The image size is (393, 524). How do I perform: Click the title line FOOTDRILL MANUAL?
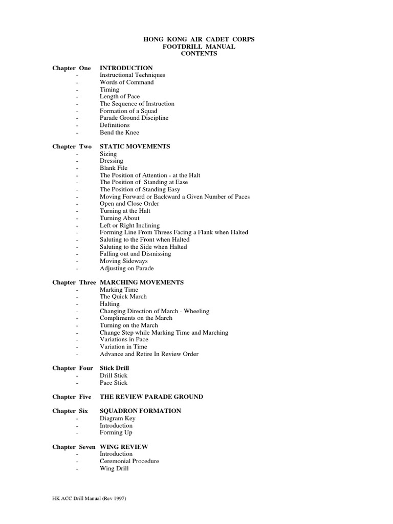tap(196, 47)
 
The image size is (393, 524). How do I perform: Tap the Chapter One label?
tap(72, 68)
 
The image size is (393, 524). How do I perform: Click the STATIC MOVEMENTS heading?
tap(135, 147)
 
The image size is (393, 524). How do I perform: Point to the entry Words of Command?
tap(126, 82)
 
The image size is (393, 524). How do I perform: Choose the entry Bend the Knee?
tap(119, 133)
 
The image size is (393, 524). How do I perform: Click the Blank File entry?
tap(114, 168)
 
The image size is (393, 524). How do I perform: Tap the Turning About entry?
tap(119, 219)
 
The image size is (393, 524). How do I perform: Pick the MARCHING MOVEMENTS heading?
tap(142, 282)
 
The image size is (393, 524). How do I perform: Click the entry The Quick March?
tap(123, 297)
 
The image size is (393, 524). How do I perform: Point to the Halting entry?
tap(110, 304)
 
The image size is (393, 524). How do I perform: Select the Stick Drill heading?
tap(114, 368)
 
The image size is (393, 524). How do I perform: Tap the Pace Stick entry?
tap(114, 383)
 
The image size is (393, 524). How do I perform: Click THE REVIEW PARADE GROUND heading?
tap(151, 397)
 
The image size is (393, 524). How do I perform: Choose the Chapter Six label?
tap(70, 411)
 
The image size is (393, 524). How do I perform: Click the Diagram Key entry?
tap(117, 419)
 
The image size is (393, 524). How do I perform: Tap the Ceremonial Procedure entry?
tap(129, 462)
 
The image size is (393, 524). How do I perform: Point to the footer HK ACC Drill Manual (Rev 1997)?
tap(89, 499)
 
